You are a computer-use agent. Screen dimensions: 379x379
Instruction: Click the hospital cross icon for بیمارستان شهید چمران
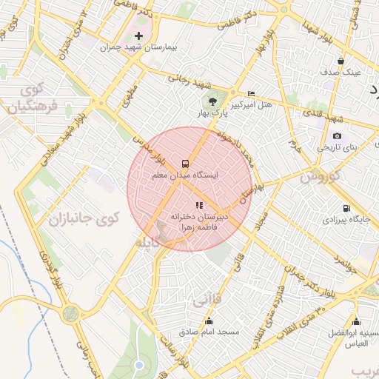[138, 36]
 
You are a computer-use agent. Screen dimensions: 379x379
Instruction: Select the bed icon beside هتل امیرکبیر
[251, 93]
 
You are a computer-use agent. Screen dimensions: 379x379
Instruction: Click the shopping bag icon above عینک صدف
[341, 61]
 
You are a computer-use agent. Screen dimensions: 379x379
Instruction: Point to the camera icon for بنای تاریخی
[337, 135]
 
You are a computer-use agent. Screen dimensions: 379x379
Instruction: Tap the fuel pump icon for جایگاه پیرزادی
[346, 208]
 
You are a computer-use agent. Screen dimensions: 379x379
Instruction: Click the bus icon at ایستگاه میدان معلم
[184, 163]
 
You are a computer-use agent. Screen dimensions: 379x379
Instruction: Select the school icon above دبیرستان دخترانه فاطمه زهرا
[198, 205]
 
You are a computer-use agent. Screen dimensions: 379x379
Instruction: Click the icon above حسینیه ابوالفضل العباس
[356, 321]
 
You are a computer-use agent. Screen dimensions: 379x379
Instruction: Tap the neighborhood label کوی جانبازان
[83, 218]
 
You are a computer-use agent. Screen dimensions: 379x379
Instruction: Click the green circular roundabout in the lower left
[72, 315]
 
